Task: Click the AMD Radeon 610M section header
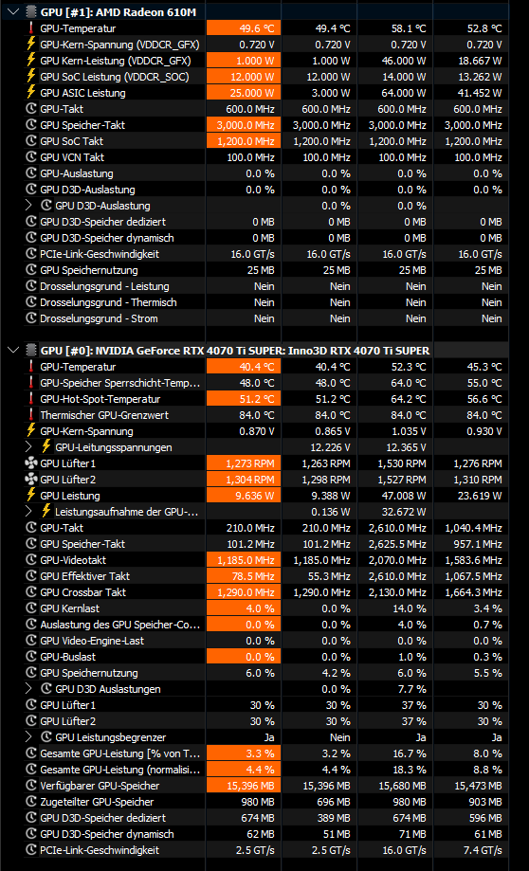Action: pyautogui.click(x=119, y=12)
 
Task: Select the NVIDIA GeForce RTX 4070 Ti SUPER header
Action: pyautogui.click(x=235, y=351)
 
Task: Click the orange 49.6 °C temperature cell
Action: pyautogui.click(x=244, y=28)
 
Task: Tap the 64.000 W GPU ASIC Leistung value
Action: pyautogui.click(x=404, y=93)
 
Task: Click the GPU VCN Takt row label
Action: pyautogui.click(x=72, y=157)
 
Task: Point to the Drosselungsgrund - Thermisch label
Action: pyautogui.click(x=108, y=302)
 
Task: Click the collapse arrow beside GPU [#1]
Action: pyautogui.click(x=12, y=12)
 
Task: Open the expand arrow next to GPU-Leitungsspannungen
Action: pyautogui.click(x=28, y=447)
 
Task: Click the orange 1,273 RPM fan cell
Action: pyautogui.click(x=244, y=463)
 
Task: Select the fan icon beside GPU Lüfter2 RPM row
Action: pyautogui.click(x=31, y=479)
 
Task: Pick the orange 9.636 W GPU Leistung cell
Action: pyautogui.click(x=244, y=496)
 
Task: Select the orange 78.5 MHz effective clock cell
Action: pyautogui.click(x=244, y=576)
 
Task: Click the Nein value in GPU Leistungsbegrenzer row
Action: pyautogui.click(x=339, y=737)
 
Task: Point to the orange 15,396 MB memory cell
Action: pyautogui.click(x=244, y=786)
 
